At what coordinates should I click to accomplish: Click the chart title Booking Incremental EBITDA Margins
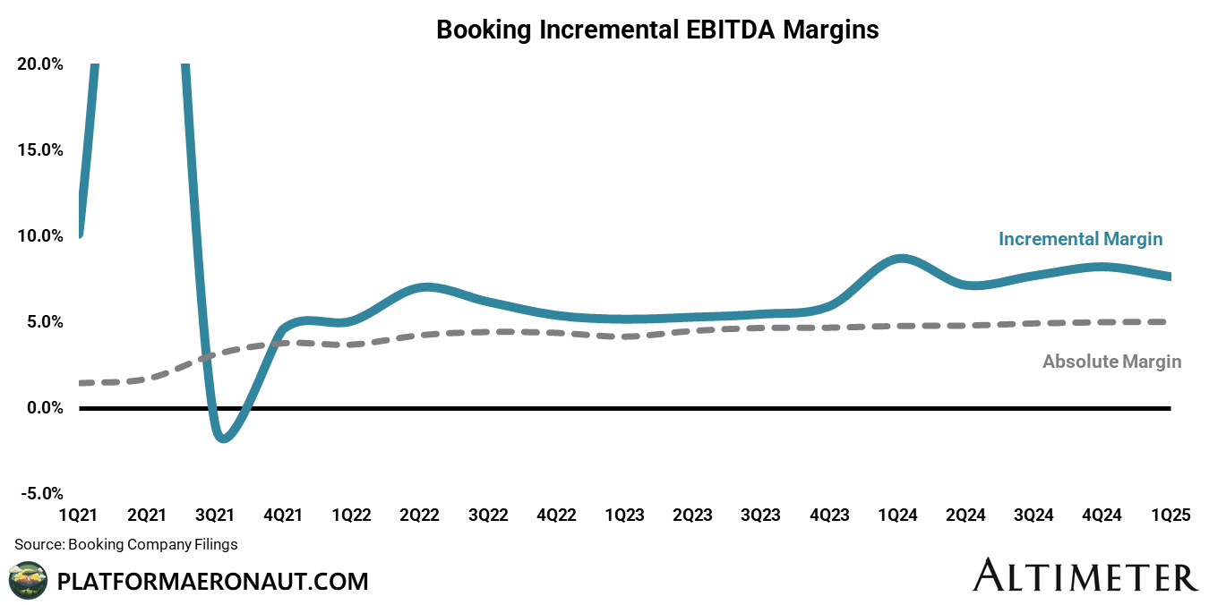coord(657,30)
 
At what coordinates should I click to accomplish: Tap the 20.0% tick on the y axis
coord(39,64)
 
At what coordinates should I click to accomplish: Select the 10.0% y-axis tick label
coord(39,236)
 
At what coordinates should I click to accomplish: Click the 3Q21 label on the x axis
coord(215,516)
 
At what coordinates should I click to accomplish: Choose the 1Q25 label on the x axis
coord(1170,516)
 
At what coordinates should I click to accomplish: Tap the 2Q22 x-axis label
coord(419,516)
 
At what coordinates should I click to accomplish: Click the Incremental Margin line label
coord(1080,239)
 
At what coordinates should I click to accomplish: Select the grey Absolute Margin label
coord(1111,362)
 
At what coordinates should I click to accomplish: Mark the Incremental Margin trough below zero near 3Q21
coord(224,439)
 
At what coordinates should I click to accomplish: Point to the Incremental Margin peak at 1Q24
coord(900,259)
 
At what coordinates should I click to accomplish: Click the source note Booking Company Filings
coord(126,544)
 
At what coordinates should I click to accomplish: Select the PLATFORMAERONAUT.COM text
coord(212,582)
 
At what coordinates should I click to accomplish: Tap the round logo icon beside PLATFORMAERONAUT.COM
coord(27,580)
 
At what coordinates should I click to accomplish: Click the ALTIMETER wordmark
coord(1085,575)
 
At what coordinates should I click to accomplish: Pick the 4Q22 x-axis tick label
coord(556,516)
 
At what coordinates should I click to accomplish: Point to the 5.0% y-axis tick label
coord(42,322)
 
